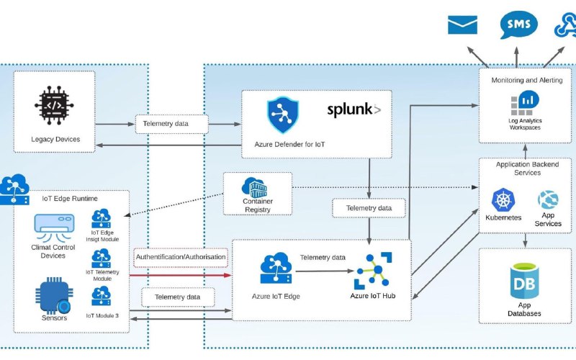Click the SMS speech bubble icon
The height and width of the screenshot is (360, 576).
[x=518, y=24]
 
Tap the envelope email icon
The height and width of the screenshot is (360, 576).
[x=462, y=24]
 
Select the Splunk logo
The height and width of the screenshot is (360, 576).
[x=354, y=110]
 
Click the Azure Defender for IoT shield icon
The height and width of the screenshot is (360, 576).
[x=282, y=114]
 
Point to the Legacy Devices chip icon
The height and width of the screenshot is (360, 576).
[x=54, y=105]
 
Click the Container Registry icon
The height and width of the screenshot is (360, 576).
[x=254, y=188]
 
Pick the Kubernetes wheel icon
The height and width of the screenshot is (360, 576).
[x=503, y=200]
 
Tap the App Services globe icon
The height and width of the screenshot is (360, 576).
[x=548, y=200]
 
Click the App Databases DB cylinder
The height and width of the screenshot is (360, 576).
[x=524, y=281]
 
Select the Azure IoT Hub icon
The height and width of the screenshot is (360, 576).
[x=373, y=271]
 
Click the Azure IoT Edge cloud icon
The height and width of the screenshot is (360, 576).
[x=276, y=268]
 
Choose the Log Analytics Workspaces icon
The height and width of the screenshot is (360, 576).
[x=525, y=103]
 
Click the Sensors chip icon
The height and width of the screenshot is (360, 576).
[x=53, y=296]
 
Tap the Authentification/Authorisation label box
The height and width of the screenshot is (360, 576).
[x=181, y=257]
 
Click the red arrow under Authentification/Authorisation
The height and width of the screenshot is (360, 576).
[x=181, y=275]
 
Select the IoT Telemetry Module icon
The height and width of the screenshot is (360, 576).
[x=101, y=258]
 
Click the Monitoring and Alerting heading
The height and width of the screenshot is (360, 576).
[x=527, y=80]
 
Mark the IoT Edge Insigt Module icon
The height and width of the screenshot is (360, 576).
[x=101, y=219]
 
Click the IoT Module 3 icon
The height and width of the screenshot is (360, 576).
[x=101, y=296]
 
